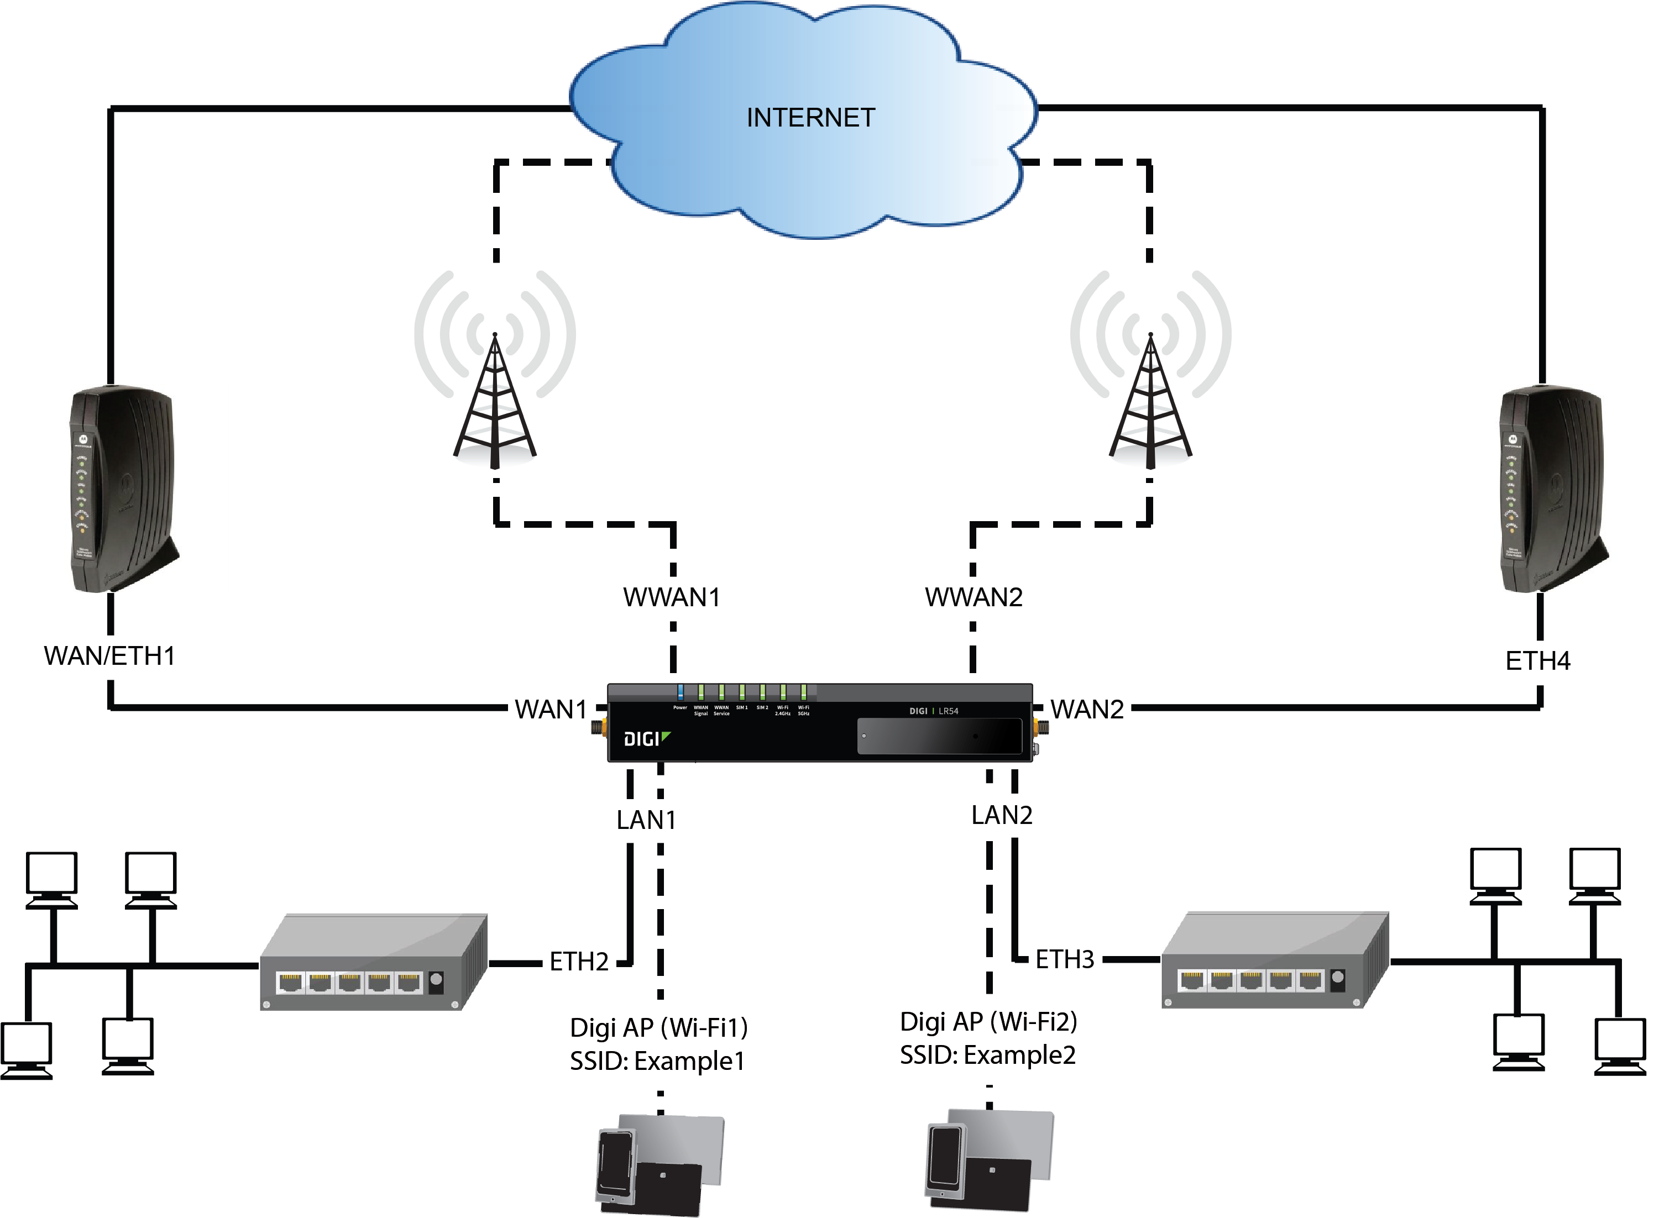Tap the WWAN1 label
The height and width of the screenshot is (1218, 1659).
tap(671, 597)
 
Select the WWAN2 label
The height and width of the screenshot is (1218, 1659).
tap(974, 597)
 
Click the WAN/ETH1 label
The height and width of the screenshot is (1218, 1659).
tap(110, 655)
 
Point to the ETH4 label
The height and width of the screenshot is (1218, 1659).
tap(1537, 660)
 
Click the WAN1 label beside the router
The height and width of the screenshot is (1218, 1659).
tap(550, 709)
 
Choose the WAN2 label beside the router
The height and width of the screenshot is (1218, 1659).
tap(1087, 709)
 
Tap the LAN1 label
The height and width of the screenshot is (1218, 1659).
tap(646, 820)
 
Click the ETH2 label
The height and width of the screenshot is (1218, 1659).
tap(579, 962)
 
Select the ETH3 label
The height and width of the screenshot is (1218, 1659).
tap(1064, 959)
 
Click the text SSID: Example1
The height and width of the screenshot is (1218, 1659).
tap(657, 1061)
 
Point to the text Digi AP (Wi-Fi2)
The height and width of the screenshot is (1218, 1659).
tap(988, 1021)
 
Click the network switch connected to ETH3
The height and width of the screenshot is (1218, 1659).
tap(1274, 960)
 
